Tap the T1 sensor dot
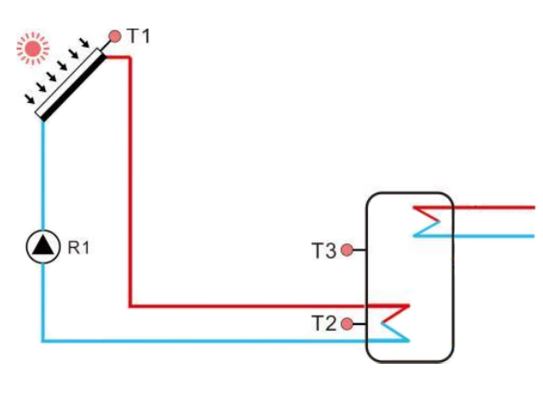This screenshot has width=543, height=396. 114,37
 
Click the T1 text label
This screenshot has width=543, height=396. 137,37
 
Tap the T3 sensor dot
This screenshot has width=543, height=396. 347,250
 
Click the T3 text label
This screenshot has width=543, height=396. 323,250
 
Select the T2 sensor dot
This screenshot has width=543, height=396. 347,323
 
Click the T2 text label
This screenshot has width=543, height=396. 323,323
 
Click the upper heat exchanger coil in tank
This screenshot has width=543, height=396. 427,221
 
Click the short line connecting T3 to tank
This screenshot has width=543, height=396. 360,250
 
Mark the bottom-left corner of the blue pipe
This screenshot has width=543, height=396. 43,341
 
